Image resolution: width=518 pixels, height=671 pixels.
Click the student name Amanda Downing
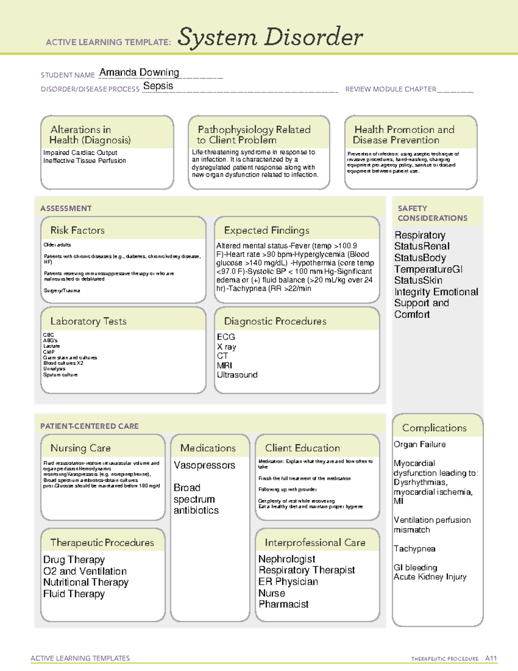point(139,73)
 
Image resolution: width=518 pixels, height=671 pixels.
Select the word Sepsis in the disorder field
point(158,86)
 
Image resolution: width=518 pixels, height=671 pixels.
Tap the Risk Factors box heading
point(77,230)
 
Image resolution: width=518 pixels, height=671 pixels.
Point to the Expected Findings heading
point(266,230)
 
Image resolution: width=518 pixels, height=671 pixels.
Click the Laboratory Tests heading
point(88,321)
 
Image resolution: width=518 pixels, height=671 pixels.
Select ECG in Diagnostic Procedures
point(226,337)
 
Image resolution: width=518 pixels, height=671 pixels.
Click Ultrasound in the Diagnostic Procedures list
point(237,375)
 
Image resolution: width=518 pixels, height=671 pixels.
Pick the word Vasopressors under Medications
point(204,465)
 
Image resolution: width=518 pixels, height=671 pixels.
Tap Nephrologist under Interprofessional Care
point(287,559)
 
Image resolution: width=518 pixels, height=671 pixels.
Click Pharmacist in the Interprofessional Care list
point(283,604)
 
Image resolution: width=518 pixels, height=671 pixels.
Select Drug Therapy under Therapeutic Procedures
point(74,560)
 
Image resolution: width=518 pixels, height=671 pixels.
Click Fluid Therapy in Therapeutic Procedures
point(74,594)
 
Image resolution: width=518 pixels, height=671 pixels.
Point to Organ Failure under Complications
point(419,444)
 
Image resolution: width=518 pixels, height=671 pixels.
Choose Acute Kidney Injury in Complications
point(430,577)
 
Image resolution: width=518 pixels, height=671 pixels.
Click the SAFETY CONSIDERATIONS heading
point(432,213)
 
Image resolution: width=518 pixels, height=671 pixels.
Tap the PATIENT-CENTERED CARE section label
point(89,426)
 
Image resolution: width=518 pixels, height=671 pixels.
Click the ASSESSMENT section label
point(66,208)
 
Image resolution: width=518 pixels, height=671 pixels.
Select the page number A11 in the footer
point(491,658)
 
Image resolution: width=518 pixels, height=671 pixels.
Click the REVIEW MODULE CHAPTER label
point(390,89)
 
